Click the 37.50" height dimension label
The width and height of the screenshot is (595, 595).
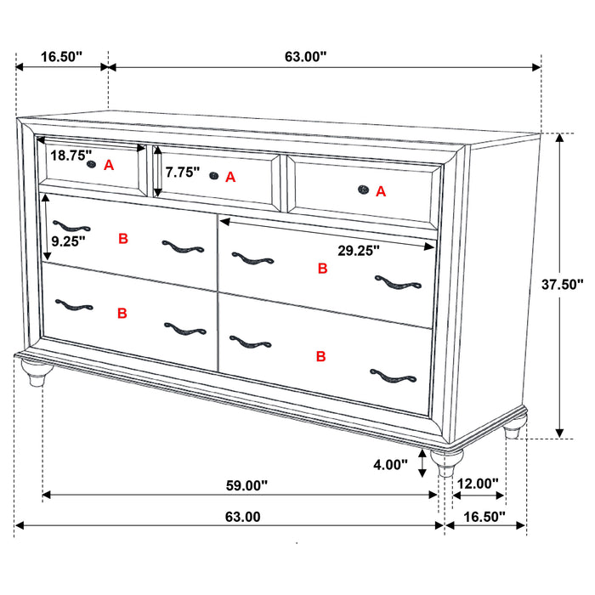pyautogui.click(x=564, y=286)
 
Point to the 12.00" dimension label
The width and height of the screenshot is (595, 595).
pyautogui.click(x=477, y=484)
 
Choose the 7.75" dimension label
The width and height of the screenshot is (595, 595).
pyautogui.click(x=182, y=173)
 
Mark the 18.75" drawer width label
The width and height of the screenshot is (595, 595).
pyautogui.click(x=71, y=156)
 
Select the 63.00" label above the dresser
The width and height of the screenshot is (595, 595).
pyautogui.click(x=305, y=57)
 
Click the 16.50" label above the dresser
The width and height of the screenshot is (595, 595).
pyautogui.click(x=61, y=57)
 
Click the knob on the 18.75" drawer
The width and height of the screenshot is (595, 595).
pyautogui.click(x=91, y=166)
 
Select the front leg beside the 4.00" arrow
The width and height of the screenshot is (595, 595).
pyautogui.click(x=445, y=464)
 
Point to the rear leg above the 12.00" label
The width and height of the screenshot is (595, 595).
pyautogui.click(x=512, y=432)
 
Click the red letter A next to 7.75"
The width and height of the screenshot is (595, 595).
pyautogui.click(x=230, y=178)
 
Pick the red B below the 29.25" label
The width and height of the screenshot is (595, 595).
pyautogui.click(x=321, y=269)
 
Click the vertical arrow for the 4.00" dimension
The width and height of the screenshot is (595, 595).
pyautogui.click(x=423, y=466)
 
